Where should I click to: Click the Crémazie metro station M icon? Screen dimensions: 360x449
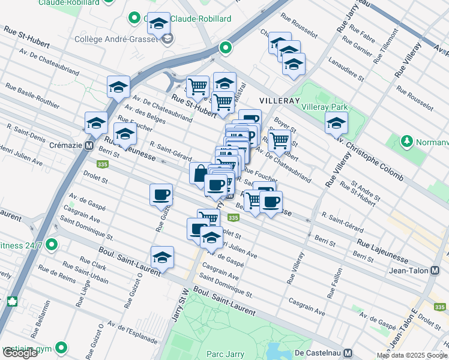coord(89,145)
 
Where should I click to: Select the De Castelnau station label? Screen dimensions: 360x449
coord(322,353)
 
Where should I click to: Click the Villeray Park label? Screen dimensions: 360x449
coord(324,107)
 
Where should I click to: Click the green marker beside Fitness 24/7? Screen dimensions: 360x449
coord(52,245)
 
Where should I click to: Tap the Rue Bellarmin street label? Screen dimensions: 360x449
coord(44,317)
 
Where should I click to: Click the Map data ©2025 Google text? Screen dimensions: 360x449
coord(411,355)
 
